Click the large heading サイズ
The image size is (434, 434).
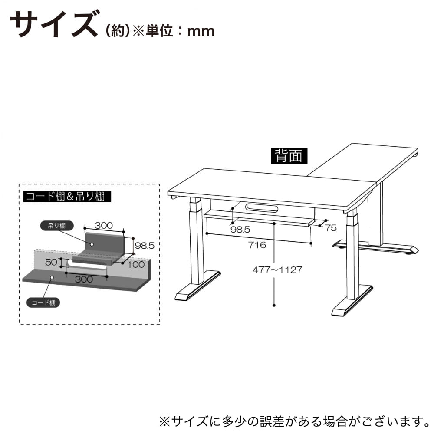click(x=54, y=24)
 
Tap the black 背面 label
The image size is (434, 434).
click(x=289, y=156)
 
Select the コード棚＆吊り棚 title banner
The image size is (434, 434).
click(x=67, y=197)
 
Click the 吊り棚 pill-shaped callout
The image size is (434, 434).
click(x=57, y=226)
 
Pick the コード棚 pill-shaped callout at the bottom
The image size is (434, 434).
click(x=43, y=302)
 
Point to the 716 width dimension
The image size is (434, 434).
click(x=257, y=245)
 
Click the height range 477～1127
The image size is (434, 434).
click(x=277, y=270)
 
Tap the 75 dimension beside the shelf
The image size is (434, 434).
click(x=330, y=228)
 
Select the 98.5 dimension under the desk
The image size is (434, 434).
click(x=240, y=230)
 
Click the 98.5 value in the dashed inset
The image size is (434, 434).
click(x=144, y=246)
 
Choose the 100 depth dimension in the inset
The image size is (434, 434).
click(x=135, y=265)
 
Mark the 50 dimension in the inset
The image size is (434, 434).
click(x=51, y=262)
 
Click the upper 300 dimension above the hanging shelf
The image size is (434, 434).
click(x=104, y=226)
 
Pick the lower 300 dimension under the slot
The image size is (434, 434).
click(x=84, y=279)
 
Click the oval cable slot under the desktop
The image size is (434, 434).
click(x=262, y=207)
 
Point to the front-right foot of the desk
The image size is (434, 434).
click(x=352, y=301)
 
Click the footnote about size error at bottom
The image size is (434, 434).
click(x=294, y=421)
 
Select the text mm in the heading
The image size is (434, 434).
click(x=201, y=31)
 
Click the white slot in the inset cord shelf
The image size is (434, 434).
click(x=87, y=267)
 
